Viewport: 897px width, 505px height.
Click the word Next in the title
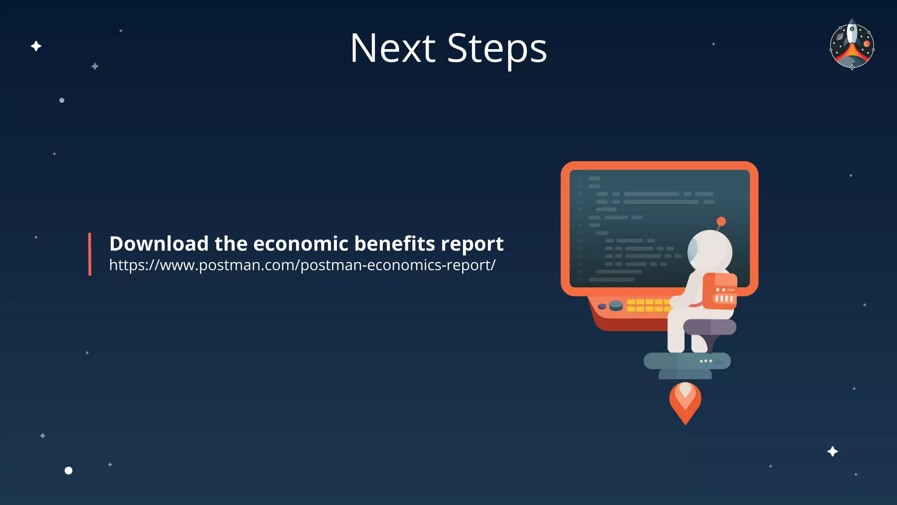click(392, 48)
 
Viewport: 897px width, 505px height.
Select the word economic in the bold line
click(300, 244)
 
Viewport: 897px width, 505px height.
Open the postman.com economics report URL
click(302, 265)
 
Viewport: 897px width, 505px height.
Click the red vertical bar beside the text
click(90, 254)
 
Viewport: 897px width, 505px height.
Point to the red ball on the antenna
click(721, 221)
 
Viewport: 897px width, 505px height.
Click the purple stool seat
click(710, 327)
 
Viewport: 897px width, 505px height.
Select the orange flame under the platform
click(685, 401)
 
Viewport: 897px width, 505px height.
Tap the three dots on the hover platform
click(706, 361)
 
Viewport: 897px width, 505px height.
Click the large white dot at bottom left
click(68, 470)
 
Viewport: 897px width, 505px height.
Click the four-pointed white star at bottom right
click(832, 452)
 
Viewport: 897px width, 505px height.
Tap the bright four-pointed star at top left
click(36, 46)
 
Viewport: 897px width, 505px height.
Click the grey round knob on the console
click(616, 305)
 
